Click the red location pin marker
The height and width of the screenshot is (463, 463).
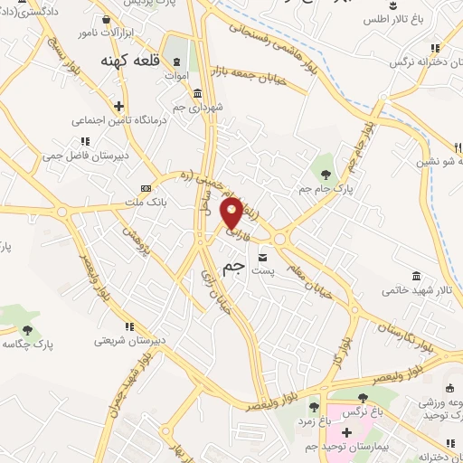(x=232, y=213)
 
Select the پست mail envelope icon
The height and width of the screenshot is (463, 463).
(x=263, y=257)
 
